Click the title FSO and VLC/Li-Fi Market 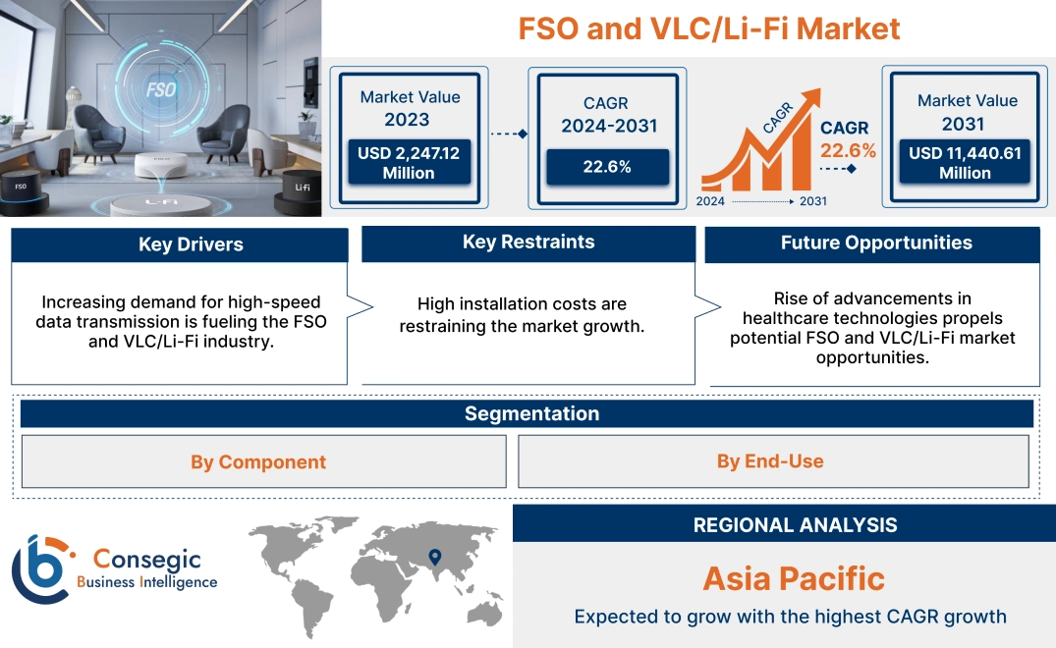click(x=708, y=28)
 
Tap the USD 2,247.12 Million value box click(x=408, y=163)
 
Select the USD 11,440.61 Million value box click(x=965, y=163)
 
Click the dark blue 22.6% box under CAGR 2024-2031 click(x=606, y=167)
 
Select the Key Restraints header click(x=528, y=243)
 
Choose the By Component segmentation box click(x=258, y=461)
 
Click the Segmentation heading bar click(x=531, y=413)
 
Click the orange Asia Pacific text click(x=794, y=578)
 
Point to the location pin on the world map click(x=435, y=558)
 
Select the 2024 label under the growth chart click(x=712, y=201)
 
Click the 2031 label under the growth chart click(x=812, y=201)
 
